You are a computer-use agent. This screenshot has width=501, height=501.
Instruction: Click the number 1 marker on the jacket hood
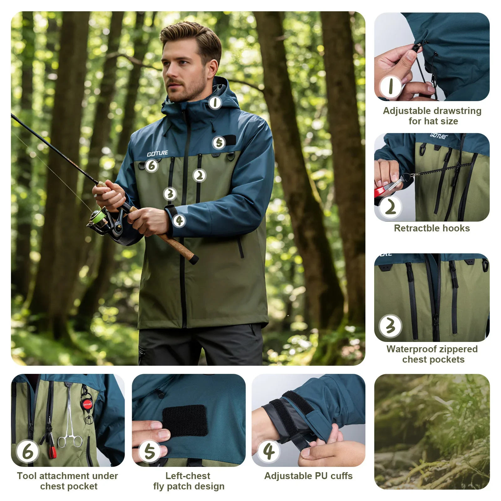[x=215, y=103]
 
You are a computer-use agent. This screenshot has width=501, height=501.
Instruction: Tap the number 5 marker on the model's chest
[x=219, y=143]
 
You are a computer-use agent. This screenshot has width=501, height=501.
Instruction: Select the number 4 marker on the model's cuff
[x=179, y=221]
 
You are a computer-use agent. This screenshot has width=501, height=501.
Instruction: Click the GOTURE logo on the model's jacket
[x=158, y=153]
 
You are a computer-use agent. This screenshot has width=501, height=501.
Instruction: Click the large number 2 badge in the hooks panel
[x=390, y=207]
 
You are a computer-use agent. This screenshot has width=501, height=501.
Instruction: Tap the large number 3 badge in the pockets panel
[x=390, y=326]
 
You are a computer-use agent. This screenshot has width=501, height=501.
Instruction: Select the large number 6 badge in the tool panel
[x=28, y=451]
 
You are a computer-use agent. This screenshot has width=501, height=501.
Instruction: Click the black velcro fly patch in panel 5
[x=185, y=421]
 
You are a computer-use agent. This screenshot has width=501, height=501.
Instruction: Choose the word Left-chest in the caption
[x=188, y=476]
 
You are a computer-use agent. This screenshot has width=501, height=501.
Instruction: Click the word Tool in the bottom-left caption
[x=25, y=476]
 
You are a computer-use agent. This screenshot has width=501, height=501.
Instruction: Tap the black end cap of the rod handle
[x=194, y=260]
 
